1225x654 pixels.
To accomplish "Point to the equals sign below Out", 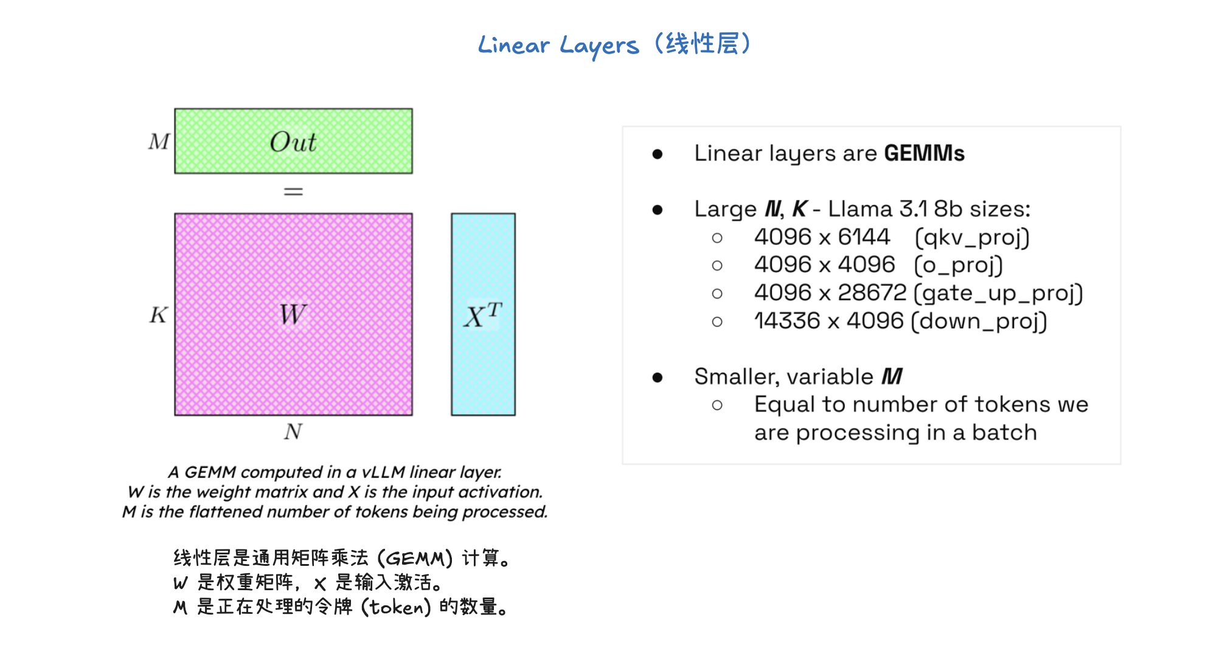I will (x=293, y=192).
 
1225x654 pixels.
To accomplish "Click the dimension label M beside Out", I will (x=159, y=142).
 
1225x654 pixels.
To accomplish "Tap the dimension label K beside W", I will (x=158, y=315).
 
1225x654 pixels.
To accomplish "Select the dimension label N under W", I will (x=293, y=432).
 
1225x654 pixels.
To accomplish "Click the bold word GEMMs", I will (x=924, y=153).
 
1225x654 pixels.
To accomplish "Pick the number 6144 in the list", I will (x=864, y=237).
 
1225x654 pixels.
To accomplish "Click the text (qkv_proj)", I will (x=972, y=238).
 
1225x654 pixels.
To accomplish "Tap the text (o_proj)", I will (x=959, y=265).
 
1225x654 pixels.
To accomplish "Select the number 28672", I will (x=872, y=293).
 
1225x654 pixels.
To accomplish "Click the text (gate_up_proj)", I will (x=999, y=294).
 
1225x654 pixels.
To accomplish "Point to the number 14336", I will (x=787, y=321).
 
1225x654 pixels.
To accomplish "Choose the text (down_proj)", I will (x=979, y=321).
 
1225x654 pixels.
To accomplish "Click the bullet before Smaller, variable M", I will (x=657, y=377).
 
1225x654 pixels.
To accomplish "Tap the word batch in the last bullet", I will (x=1004, y=433).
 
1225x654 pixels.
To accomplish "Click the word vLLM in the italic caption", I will (x=383, y=472).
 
